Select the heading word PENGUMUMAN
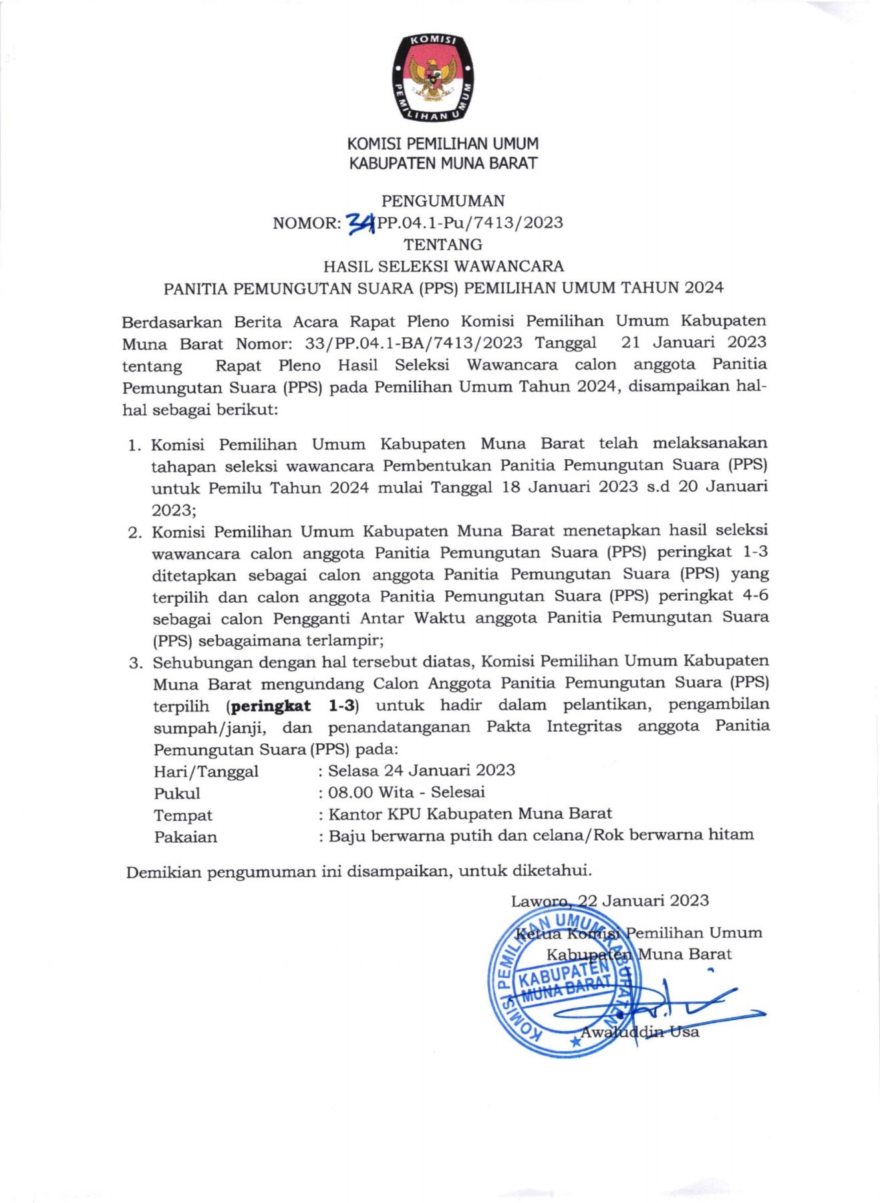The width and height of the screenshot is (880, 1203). coord(443,200)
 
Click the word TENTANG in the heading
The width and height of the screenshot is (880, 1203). coord(443,244)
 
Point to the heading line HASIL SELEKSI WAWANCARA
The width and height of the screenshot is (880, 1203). coord(444,266)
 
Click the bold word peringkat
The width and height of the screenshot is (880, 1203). coord(271,706)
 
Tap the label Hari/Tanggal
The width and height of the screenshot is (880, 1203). coord(206,771)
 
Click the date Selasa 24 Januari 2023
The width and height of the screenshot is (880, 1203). coord(422,770)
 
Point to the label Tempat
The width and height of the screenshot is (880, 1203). coord(183,815)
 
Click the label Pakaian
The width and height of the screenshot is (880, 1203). coord(186,837)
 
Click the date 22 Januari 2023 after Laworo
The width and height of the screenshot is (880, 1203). coord(643,900)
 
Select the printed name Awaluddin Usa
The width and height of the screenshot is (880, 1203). coord(639,1032)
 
